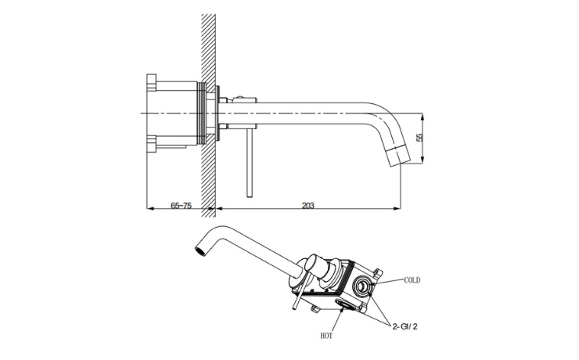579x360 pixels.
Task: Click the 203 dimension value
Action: [x=308, y=205]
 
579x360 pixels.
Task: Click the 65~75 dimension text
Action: [x=181, y=205]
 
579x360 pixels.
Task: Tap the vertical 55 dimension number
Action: [x=419, y=138]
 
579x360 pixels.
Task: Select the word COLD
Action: [x=412, y=280]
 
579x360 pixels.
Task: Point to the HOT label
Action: [x=326, y=336]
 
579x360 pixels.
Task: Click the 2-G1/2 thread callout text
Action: [x=405, y=326]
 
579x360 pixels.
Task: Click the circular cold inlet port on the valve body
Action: [x=361, y=284]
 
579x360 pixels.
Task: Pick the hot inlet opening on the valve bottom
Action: [x=347, y=304]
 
